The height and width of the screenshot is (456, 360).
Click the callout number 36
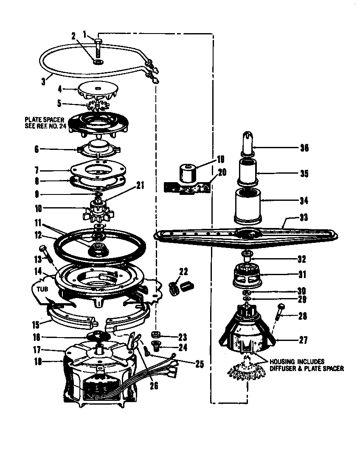(304, 148)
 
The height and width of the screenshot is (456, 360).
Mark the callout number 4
(60, 90)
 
